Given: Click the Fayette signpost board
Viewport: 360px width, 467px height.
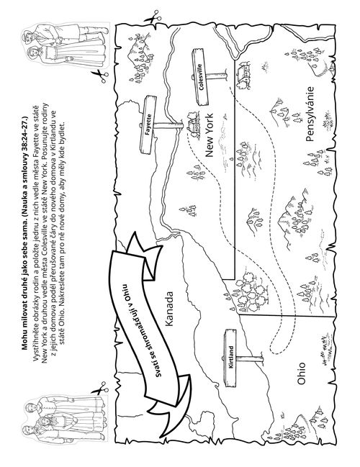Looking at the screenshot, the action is click(x=148, y=125).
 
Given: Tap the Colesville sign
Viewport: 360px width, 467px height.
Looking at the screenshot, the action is click(x=200, y=77).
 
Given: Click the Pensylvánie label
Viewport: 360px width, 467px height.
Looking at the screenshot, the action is click(x=310, y=114).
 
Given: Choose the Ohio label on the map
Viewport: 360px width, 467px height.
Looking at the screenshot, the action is click(x=301, y=373).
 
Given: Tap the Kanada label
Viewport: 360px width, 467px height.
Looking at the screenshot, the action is click(x=168, y=309).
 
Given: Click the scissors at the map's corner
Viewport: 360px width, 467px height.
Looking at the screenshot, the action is click(x=153, y=17).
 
